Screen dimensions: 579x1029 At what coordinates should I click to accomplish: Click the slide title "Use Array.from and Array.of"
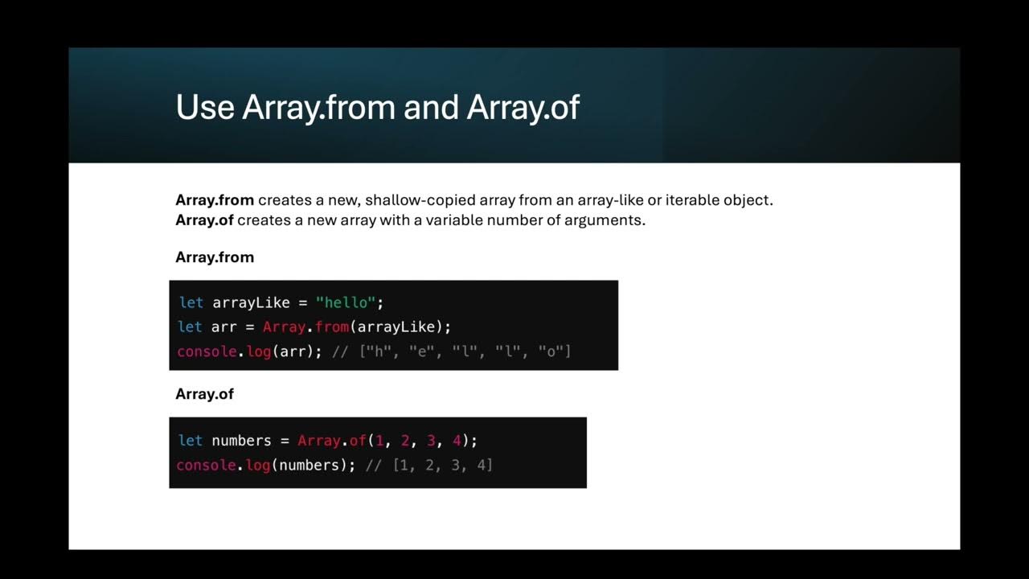click(x=377, y=108)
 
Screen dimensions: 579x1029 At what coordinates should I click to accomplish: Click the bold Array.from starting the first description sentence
click(x=215, y=199)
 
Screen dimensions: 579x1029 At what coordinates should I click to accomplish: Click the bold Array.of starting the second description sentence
click(x=204, y=220)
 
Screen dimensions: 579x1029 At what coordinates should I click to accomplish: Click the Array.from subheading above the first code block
click(x=215, y=257)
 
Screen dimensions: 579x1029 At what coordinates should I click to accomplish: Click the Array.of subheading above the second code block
click(x=204, y=394)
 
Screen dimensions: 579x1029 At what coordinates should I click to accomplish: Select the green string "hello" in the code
click(x=346, y=302)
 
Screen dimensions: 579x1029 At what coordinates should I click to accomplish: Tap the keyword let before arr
click(x=190, y=327)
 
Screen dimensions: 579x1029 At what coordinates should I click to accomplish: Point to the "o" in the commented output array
click(x=551, y=351)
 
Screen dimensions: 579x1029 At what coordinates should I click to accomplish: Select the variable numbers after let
click(x=241, y=441)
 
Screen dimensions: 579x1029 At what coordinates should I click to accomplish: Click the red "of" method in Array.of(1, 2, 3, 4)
click(x=358, y=441)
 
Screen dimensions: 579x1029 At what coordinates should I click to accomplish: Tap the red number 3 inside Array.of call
click(x=431, y=441)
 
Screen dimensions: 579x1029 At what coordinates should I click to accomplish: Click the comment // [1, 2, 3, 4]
click(x=428, y=465)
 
